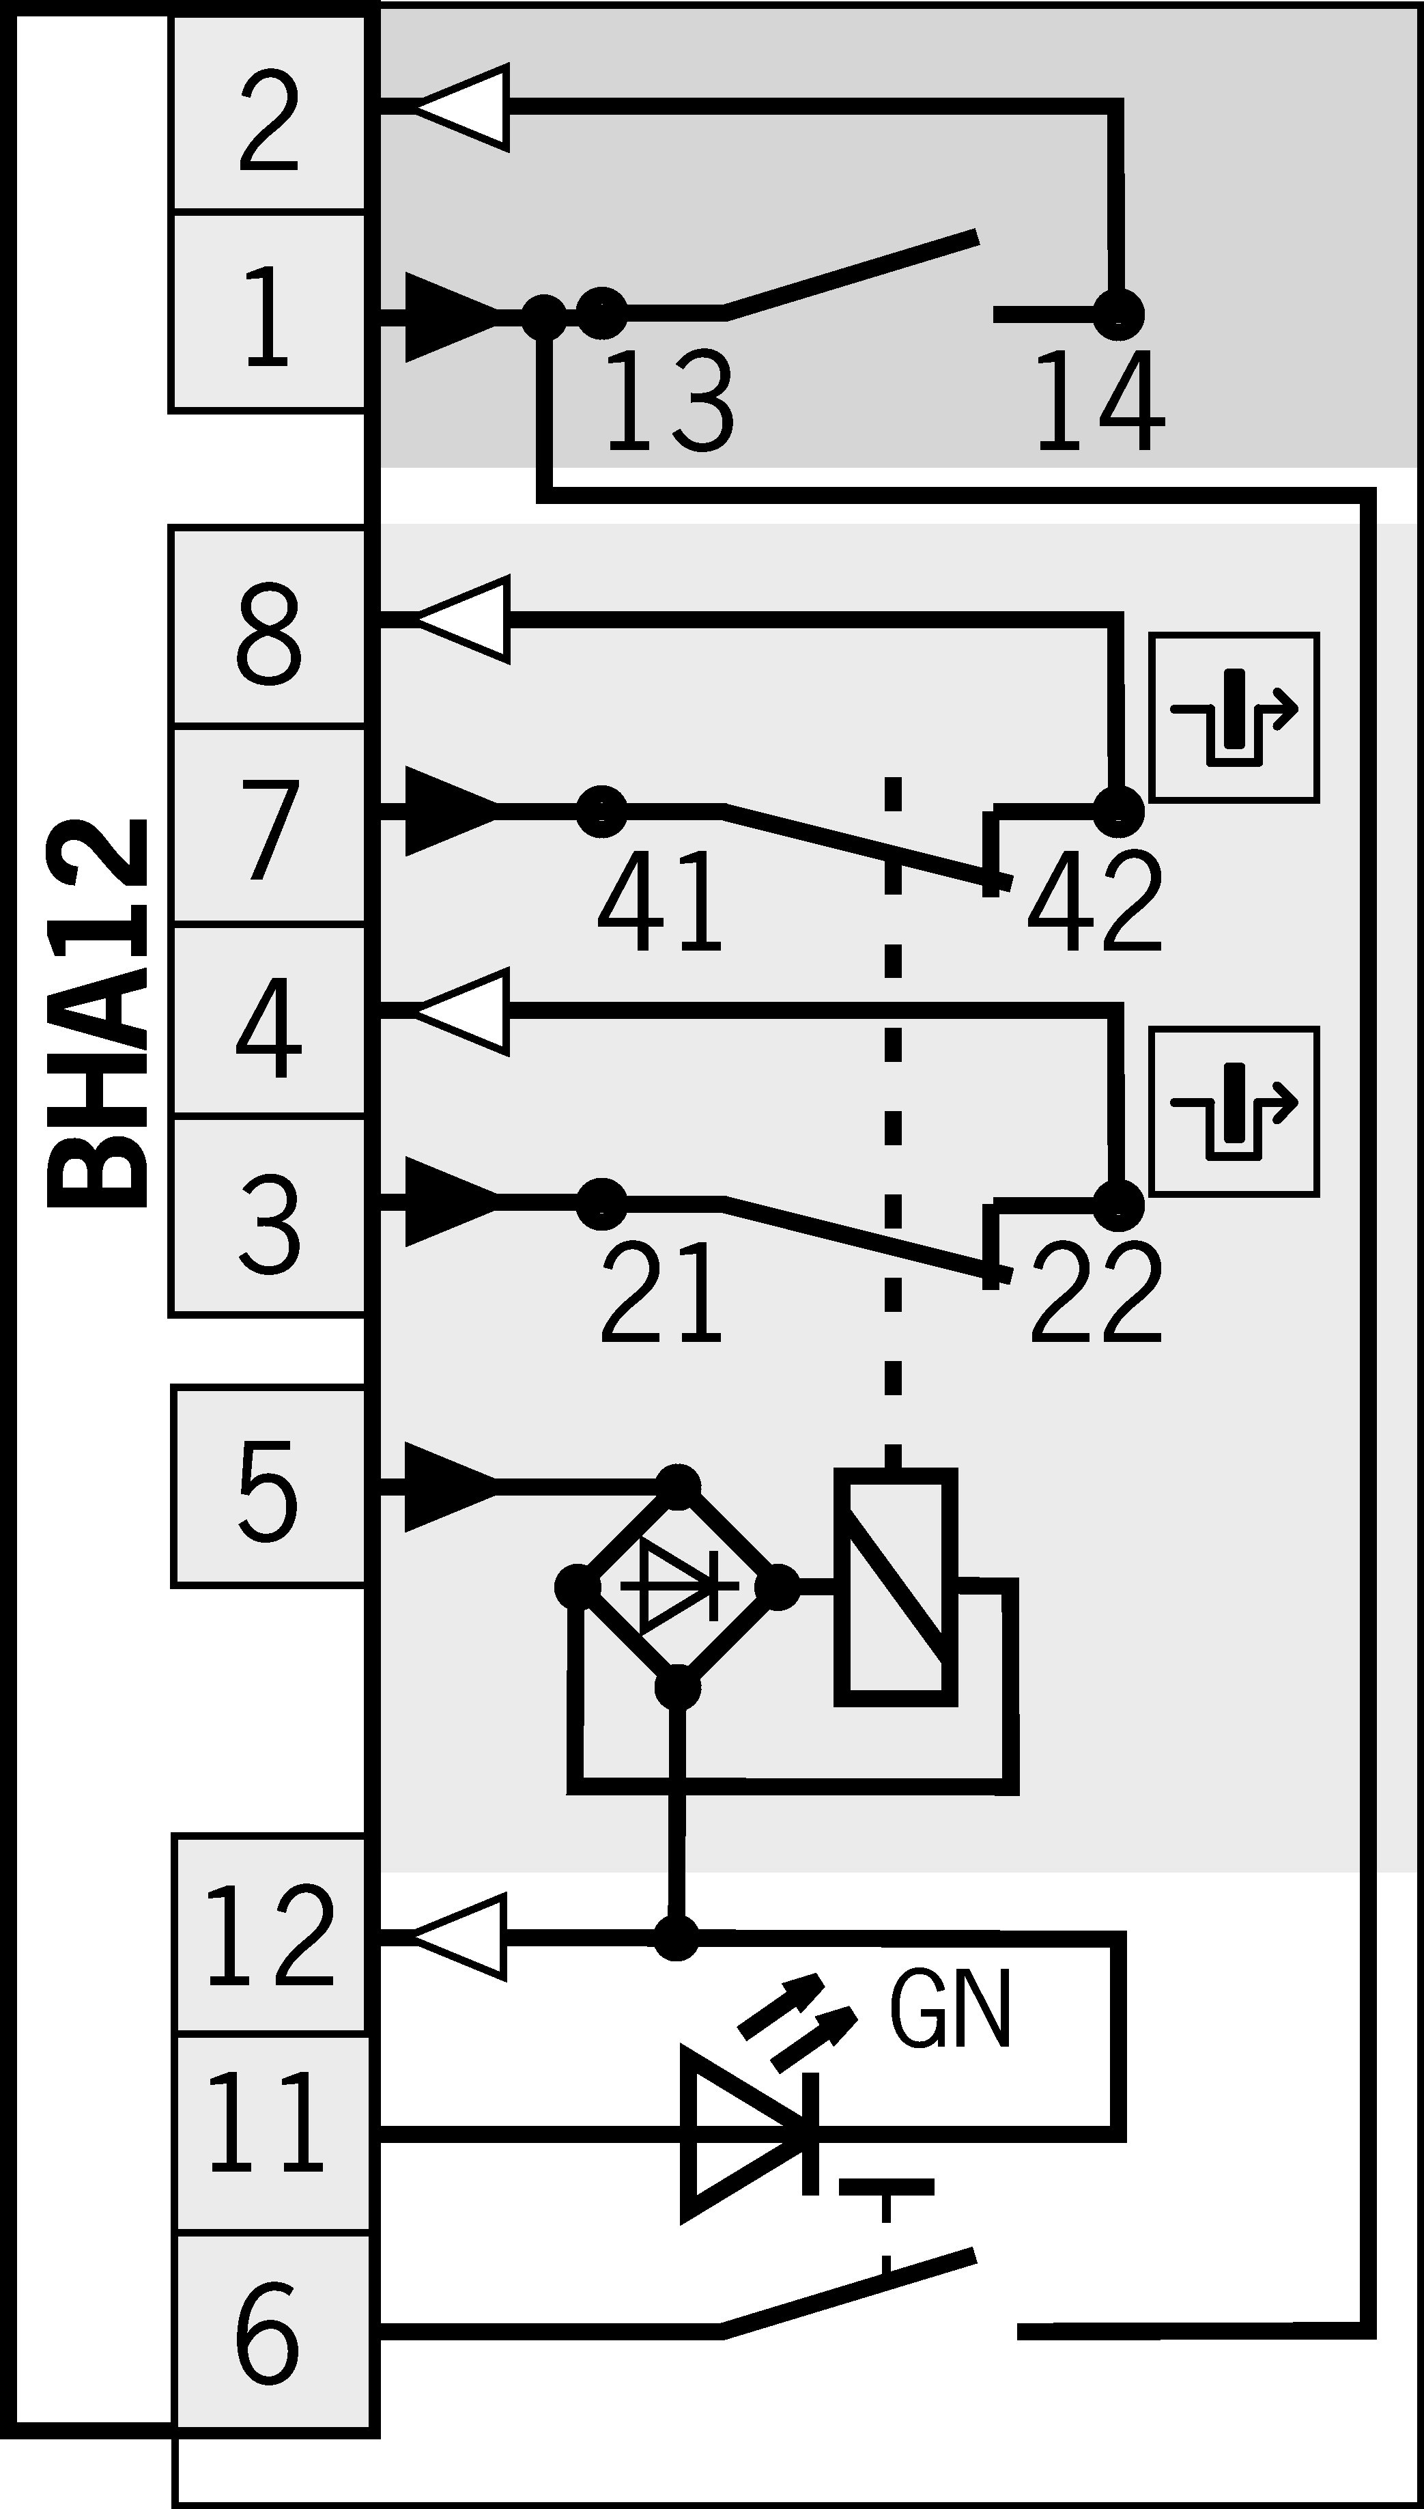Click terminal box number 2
[x=269, y=115]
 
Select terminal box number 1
[x=269, y=313]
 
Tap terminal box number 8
[x=269, y=628]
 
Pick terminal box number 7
[x=269, y=826]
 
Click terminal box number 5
[x=269, y=1487]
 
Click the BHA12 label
[x=98, y=1012]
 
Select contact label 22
[x=1096, y=1291]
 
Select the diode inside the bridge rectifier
[x=677, y=1586]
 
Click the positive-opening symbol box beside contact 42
[x=1234, y=718]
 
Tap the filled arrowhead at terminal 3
[x=450, y=1201]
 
